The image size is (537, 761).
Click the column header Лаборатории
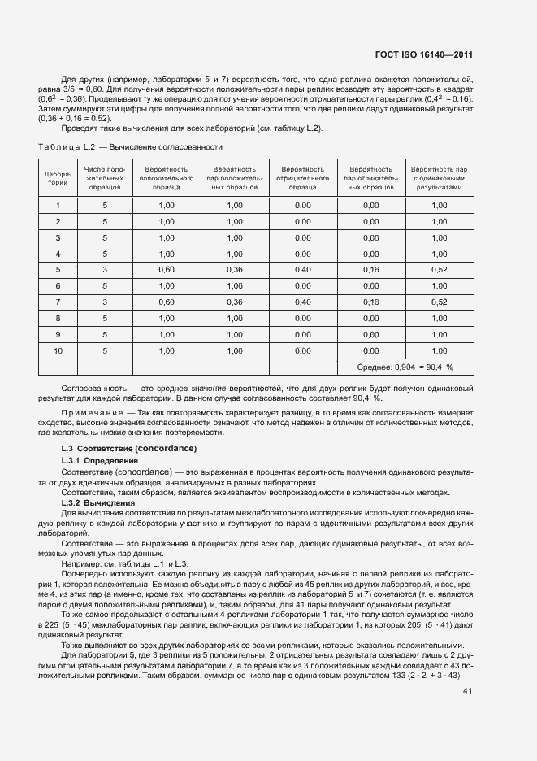click(58, 178)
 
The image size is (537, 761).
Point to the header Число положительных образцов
click(104, 178)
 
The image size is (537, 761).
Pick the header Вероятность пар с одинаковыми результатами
click(439, 178)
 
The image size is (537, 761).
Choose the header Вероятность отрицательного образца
click(302, 178)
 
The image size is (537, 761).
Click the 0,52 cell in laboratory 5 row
click(439, 269)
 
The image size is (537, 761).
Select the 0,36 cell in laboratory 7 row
click(235, 302)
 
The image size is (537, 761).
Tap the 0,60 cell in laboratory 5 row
click(167, 269)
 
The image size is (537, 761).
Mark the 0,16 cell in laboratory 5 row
click(370, 269)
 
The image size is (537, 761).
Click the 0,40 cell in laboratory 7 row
click(302, 302)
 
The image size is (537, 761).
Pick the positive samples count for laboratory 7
click(104, 302)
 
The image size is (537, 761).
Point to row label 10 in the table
click(58, 350)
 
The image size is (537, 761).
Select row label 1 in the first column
click(58, 205)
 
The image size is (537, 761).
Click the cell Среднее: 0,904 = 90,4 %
click(405, 367)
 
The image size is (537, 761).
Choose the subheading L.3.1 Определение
click(100, 461)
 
